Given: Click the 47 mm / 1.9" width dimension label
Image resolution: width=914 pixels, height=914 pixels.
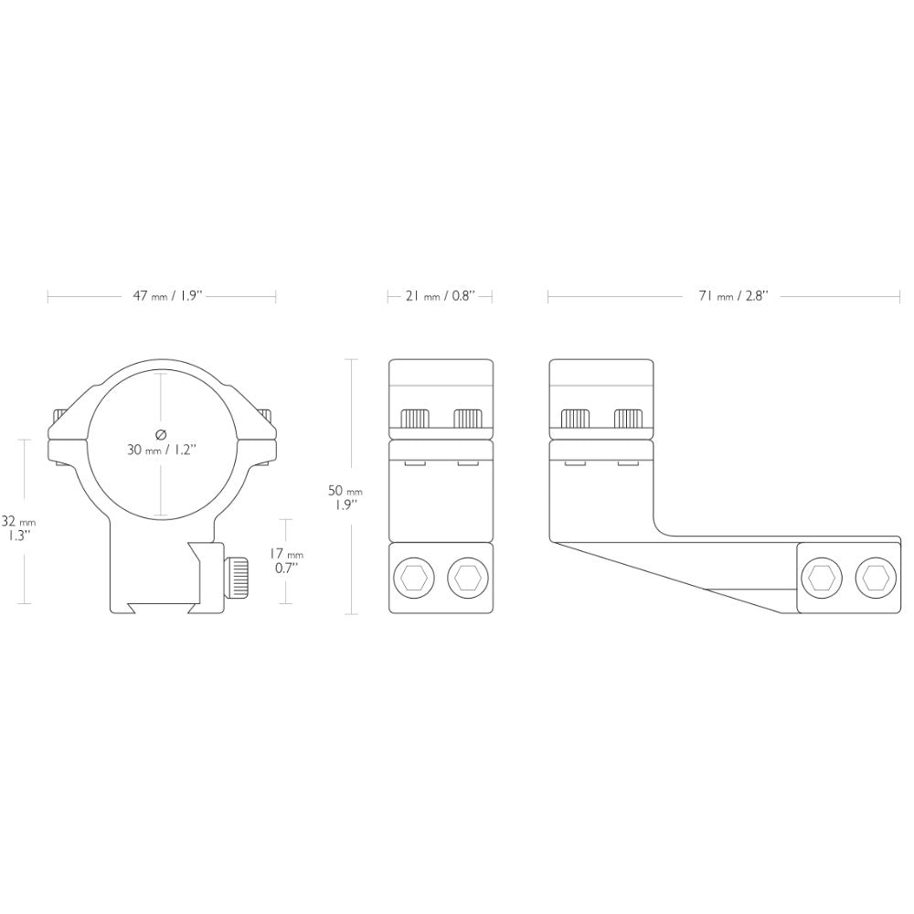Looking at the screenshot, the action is (x=166, y=296).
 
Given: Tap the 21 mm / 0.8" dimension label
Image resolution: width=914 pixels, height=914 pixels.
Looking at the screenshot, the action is (x=441, y=296).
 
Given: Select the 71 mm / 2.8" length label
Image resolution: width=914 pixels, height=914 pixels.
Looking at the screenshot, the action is (x=731, y=296).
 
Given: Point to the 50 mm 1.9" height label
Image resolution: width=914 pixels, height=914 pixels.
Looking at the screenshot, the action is (x=345, y=498).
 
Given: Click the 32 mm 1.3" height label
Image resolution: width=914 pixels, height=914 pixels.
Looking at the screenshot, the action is (x=16, y=528).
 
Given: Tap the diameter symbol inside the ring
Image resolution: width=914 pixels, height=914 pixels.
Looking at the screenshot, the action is (x=162, y=433).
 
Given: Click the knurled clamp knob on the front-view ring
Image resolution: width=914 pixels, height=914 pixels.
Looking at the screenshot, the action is (x=237, y=578).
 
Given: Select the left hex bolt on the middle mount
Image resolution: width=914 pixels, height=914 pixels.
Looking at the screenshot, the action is (x=414, y=579).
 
